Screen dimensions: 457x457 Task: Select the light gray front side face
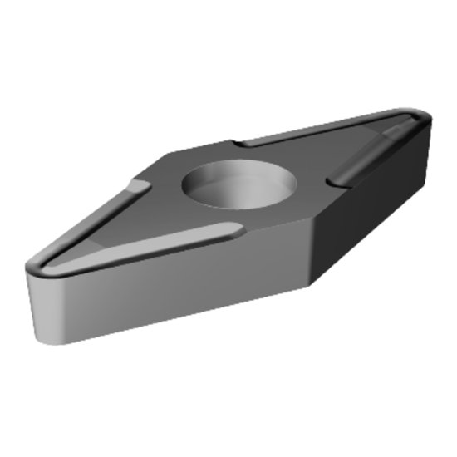pos(166,283)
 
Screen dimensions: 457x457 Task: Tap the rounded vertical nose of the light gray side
pos(37,307)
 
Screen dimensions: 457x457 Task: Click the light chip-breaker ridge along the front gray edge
pos(150,245)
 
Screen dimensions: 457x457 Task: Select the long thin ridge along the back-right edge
pos(316,129)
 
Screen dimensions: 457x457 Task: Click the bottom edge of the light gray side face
pos(166,323)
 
